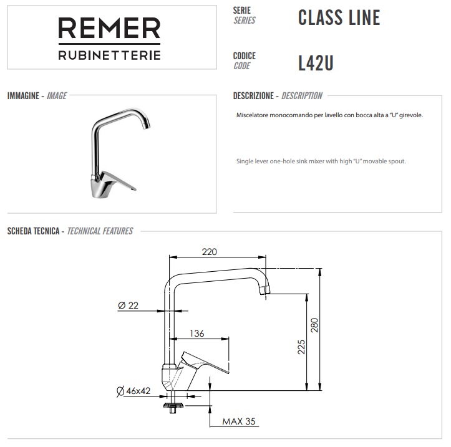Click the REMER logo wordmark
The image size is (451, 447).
109,29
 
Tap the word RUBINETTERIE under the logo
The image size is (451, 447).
109,55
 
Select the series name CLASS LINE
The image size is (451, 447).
339,17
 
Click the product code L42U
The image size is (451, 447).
316,62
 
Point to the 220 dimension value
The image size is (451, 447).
209,252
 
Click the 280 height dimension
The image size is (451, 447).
315,325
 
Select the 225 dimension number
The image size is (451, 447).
301,347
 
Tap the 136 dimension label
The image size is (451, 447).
196,334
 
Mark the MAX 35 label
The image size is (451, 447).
239,421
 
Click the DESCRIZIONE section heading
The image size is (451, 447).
253,96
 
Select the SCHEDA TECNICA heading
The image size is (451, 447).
33,231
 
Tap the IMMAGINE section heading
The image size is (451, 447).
24,96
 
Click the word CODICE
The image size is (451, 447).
244,55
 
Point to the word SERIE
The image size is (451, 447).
241,11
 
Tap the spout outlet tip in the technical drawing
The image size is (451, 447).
265,289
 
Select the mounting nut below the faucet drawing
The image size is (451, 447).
171,406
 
